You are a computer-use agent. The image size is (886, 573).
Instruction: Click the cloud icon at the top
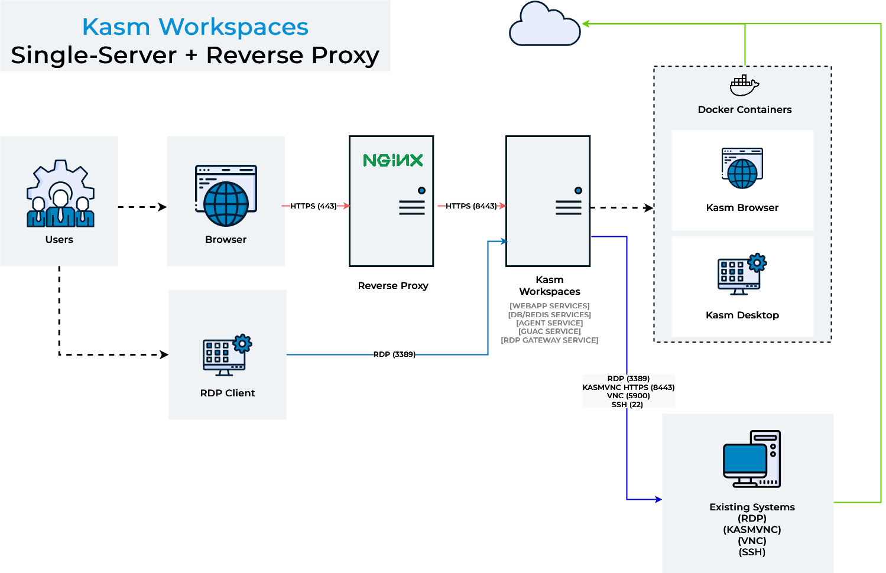click(544, 25)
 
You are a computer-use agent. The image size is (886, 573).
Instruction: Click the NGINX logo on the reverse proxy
click(393, 160)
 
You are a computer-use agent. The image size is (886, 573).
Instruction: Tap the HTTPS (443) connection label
click(313, 206)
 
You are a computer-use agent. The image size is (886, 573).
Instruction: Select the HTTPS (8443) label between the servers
click(471, 206)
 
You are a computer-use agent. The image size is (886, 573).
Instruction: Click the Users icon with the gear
click(60, 194)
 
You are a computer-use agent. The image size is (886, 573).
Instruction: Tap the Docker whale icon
click(744, 86)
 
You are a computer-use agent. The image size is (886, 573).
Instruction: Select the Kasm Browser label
click(742, 207)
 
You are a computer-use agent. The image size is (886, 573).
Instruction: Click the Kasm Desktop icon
click(742, 274)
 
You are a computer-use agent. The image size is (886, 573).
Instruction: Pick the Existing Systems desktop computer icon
click(751, 459)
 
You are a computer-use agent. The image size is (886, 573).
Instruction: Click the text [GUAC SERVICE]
click(550, 331)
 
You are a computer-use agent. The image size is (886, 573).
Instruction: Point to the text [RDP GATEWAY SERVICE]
click(550, 340)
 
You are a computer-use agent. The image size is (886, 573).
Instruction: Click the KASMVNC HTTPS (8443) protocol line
click(628, 388)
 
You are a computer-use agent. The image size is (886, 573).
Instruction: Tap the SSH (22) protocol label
click(627, 405)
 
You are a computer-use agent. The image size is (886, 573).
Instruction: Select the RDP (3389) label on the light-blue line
click(394, 354)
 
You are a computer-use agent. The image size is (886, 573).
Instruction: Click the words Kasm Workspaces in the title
click(195, 27)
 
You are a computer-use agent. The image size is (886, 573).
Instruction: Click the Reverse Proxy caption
click(393, 285)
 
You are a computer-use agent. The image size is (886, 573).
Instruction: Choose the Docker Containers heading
click(744, 109)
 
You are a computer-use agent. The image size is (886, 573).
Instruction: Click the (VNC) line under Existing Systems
click(752, 541)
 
